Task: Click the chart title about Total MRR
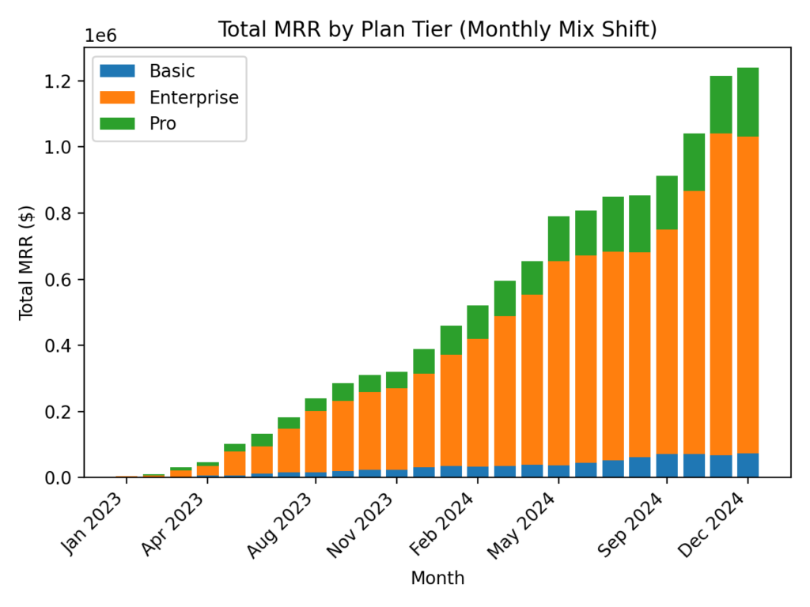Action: pyautogui.click(x=437, y=29)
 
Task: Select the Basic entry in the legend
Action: pyautogui.click(x=172, y=70)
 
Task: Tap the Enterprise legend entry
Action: pyautogui.click(x=194, y=97)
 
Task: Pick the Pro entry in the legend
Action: pyautogui.click(x=163, y=123)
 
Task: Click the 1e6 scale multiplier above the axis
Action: pyautogui.click(x=100, y=36)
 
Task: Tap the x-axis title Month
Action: pyautogui.click(x=437, y=579)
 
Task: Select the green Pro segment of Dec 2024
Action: pyautogui.click(x=748, y=102)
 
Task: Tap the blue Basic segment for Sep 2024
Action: pyautogui.click(x=667, y=466)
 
